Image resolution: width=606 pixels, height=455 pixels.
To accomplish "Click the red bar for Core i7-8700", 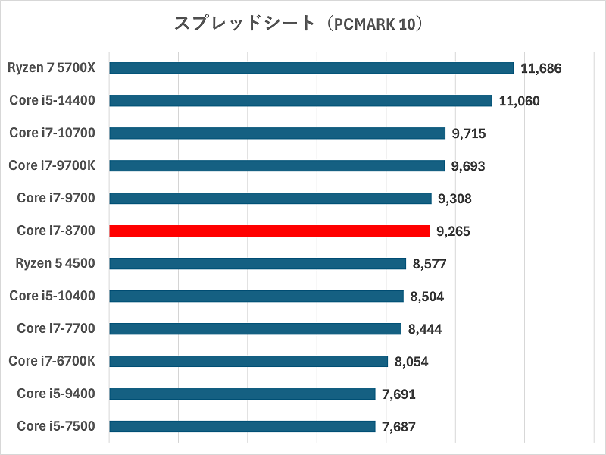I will point(270,231).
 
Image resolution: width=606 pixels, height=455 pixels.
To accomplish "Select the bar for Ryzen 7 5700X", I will point(311,68).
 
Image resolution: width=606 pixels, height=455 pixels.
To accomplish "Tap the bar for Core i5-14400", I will point(301,101).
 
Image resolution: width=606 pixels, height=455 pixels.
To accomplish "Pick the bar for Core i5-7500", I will point(242,426).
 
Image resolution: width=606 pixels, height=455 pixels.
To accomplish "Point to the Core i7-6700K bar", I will point(248,361).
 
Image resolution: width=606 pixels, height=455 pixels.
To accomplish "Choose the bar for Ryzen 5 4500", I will point(258,263).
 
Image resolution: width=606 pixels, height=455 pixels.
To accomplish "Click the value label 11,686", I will point(541,68).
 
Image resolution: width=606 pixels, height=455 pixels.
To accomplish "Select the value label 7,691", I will point(399,394).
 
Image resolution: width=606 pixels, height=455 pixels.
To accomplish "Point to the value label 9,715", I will point(469,133).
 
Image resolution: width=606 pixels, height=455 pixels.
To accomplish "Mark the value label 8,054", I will point(411,362).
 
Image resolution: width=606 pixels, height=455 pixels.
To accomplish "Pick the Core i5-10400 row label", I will point(52,296).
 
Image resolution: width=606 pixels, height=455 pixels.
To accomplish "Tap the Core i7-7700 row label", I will point(56,328).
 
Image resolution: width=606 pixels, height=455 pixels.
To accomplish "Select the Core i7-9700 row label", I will point(56,198).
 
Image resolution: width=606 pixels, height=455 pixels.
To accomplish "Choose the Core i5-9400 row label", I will point(56,394).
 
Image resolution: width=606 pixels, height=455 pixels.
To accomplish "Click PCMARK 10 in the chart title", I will point(370,24).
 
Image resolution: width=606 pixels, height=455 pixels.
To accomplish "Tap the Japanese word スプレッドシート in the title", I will point(244,24).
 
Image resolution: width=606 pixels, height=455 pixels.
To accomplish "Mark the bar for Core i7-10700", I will point(277,133).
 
